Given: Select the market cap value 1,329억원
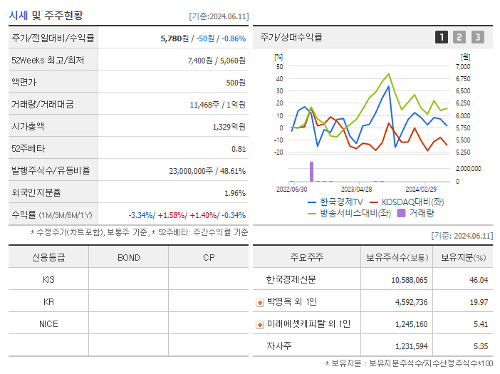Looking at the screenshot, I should pyautogui.click(x=229, y=126).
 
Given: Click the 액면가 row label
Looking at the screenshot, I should pyautogui.click(x=24, y=82).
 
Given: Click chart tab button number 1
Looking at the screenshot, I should pyautogui.click(x=442, y=37).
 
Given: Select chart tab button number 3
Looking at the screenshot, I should pyautogui.click(x=477, y=37).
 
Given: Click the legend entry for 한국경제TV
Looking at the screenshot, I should pyautogui.click(x=335, y=202).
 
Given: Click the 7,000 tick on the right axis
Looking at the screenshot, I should pyautogui.click(x=462, y=66).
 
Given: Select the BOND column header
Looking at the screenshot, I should pyautogui.click(x=128, y=257).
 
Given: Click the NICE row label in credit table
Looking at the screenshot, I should pyautogui.click(x=48, y=323).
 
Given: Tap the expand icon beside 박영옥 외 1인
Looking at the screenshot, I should pyautogui.click(x=259, y=302).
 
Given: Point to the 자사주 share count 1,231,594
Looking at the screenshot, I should pyautogui.click(x=409, y=346).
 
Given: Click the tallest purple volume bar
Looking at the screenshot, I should pyautogui.click(x=311, y=171).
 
